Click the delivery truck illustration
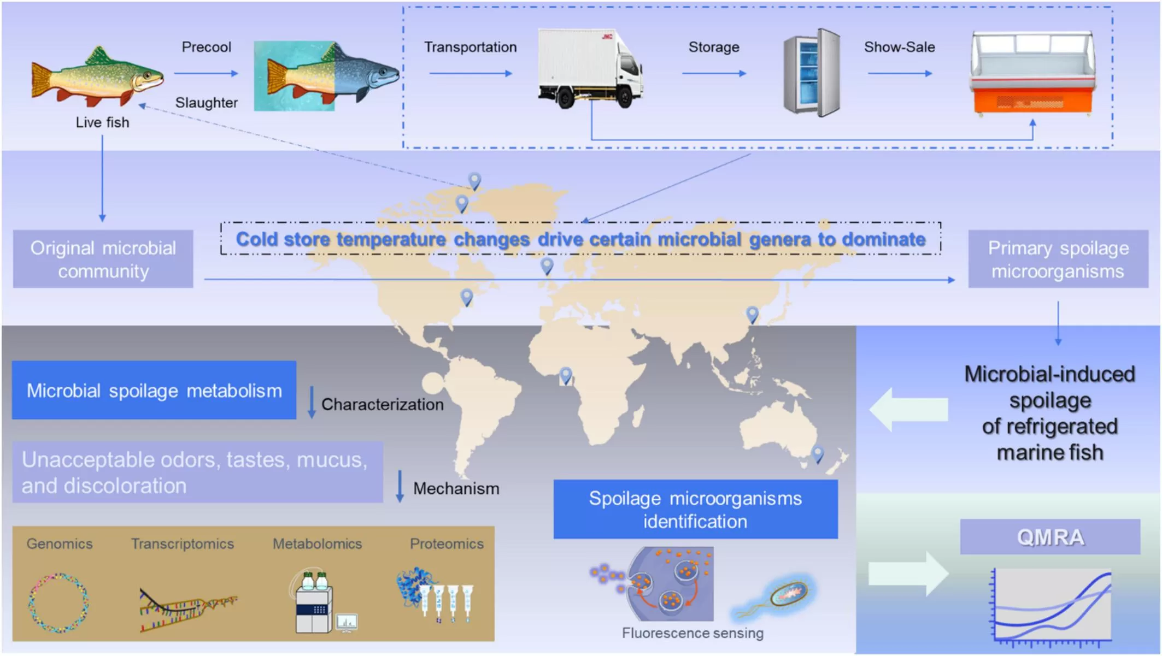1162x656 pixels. point(590,68)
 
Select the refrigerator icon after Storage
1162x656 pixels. point(812,72)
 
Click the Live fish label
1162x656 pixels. point(102,122)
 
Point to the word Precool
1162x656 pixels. point(206,47)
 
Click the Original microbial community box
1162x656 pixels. point(103,259)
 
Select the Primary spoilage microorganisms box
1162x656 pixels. point(1058,259)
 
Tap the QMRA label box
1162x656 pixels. point(1050,537)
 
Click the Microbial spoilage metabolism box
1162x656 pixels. point(154,390)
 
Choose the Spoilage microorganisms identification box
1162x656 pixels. point(695,509)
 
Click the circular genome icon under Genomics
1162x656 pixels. point(58,602)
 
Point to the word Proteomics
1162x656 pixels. point(447,543)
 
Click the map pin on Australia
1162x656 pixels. point(818,453)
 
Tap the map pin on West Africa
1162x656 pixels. point(566,375)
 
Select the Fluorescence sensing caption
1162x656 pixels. point(692,633)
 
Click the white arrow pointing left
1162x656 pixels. point(908,409)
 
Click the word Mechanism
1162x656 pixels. point(456,488)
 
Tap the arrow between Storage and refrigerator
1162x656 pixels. point(714,73)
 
